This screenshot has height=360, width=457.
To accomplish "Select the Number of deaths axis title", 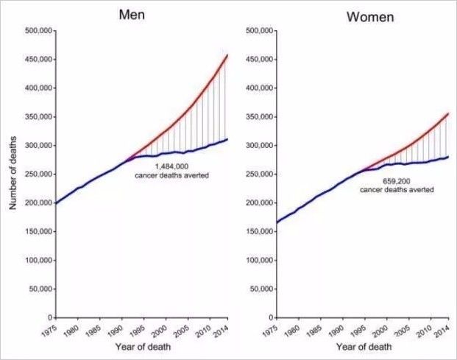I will [x=13, y=173].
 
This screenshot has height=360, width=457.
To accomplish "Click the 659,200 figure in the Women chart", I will [x=397, y=181].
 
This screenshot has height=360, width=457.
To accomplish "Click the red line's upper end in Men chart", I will [x=227, y=55].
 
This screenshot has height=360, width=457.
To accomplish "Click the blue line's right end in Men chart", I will [x=227, y=139].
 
